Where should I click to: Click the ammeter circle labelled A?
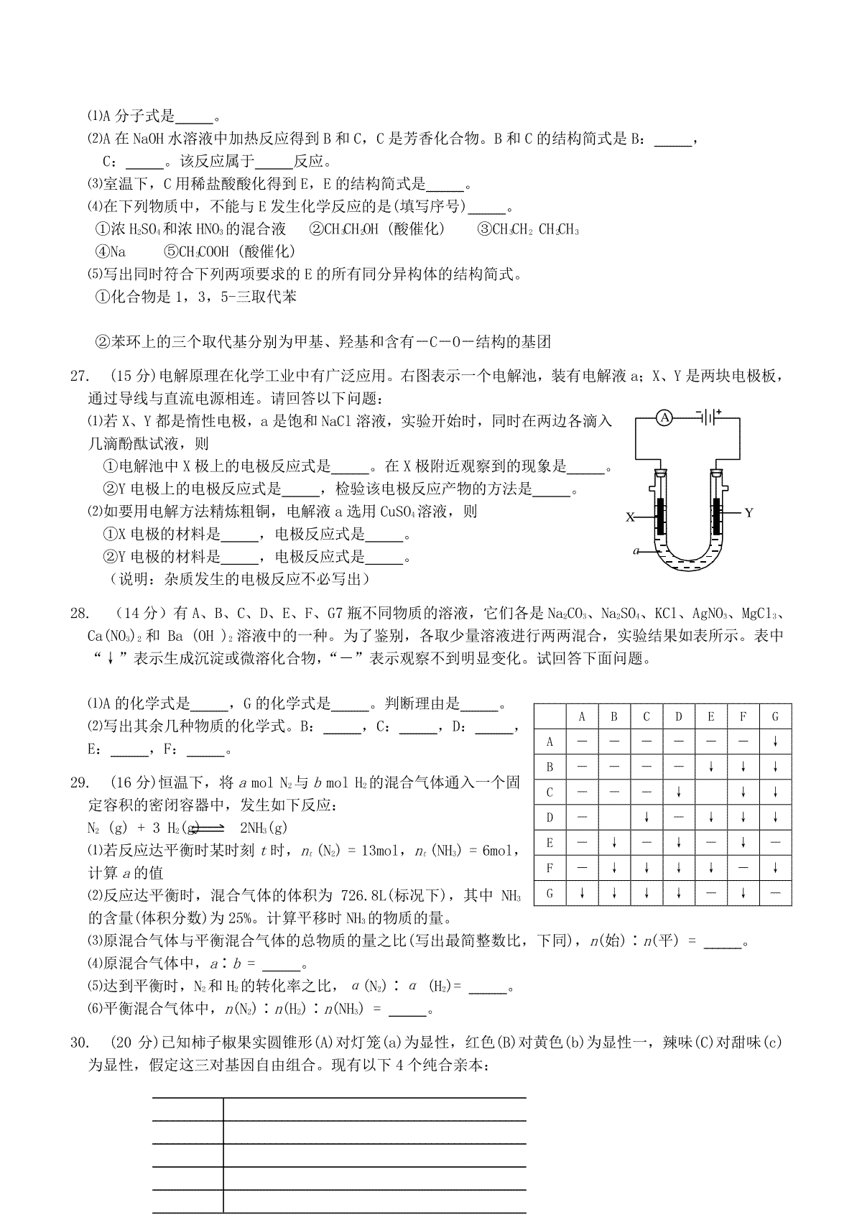tap(664, 417)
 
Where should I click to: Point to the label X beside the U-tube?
tap(630, 517)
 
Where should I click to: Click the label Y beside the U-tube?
tap(749, 512)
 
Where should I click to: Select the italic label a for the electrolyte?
tap(636, 551)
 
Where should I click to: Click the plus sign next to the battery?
tap(717, 411)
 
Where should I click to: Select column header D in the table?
tap(679, 716)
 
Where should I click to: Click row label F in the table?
tap(550, 868)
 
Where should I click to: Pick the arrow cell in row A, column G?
tap(775, 741)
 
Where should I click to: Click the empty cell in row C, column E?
tap(711, 792)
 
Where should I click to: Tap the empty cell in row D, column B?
tap(614, 818)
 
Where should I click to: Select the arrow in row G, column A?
tap(582, 893)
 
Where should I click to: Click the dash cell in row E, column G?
tap(775, 843)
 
